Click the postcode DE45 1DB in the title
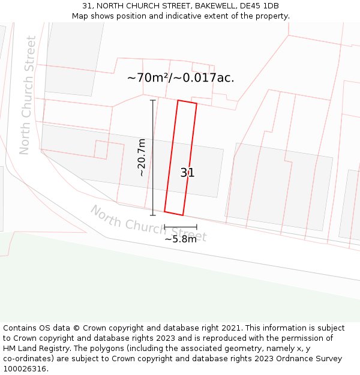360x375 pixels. [x=262, y=6]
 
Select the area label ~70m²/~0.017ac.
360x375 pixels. [x=181, y=77]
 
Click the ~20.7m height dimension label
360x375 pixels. [x=142, y=157]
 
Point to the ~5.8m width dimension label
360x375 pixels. [x=181, y=239]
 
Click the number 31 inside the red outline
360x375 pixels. [x=187, y=173]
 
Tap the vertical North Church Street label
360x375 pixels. [x=28, y=95]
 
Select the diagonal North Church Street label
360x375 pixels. [x=148, y=223]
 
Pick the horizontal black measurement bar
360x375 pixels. [x=181, y=227]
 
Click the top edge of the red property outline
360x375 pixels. [x=187, y=102]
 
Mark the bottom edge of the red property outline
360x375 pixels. [x=173, y=213]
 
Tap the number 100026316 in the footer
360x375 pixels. [x=23, y=369]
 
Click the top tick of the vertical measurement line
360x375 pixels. [x=152, y=100]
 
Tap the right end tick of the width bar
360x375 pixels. [x=197, y=227]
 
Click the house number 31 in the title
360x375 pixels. [x=87, y=6]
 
